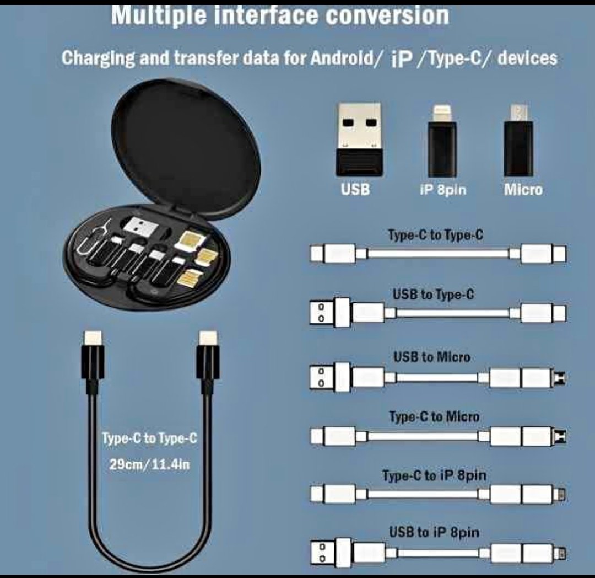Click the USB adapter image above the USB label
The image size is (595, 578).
tap(359, 139)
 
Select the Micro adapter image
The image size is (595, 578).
tap(518, 141)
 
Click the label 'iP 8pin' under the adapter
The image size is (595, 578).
tap(443, 190)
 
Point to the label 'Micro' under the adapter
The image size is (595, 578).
tap(523, 190)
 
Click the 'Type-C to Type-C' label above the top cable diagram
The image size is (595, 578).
tap(436, 235)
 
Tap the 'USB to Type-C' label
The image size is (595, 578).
tap(434, 295)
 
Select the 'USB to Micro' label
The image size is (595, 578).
tap(432, 357)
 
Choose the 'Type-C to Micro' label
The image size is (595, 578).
tap(434, 416)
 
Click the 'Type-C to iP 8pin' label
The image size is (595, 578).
tap(434, 475)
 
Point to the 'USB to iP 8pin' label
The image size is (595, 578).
tap(434, 532)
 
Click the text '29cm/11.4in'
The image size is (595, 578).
tap(149, 464)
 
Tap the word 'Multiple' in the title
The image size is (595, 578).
tap(159, 16)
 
